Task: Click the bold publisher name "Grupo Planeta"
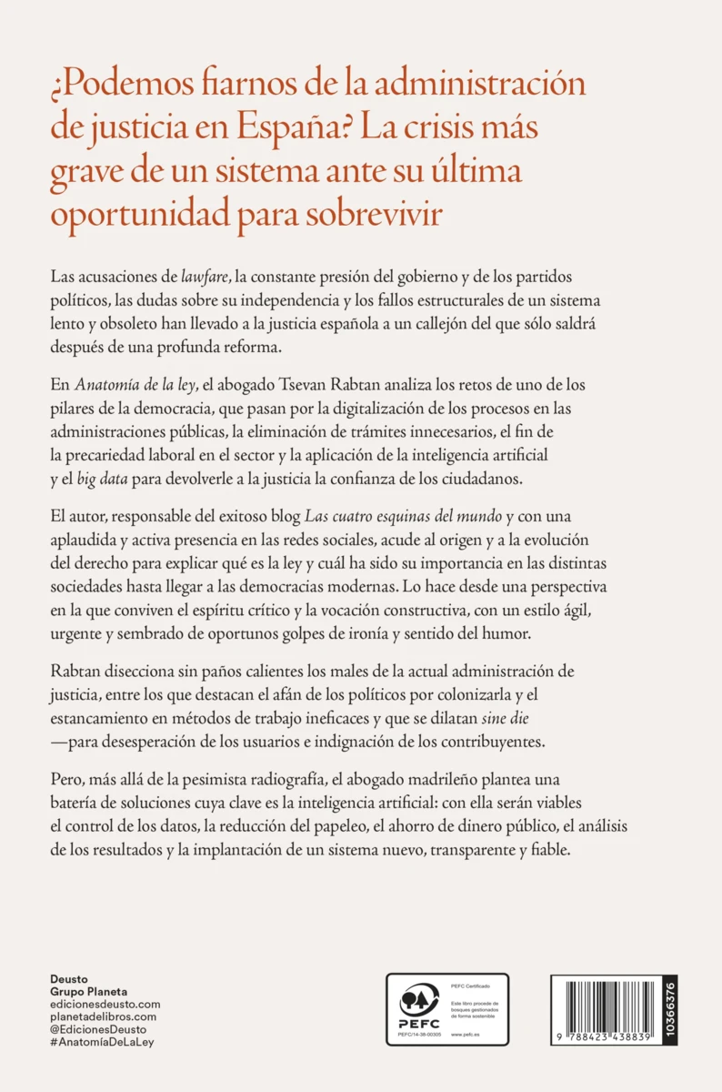pos(88,991)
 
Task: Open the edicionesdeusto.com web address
pos(105,1004)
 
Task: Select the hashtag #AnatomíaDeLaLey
pos(103,1042)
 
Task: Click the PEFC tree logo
pos(419,1001)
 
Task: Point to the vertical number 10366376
pos(670,1007)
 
